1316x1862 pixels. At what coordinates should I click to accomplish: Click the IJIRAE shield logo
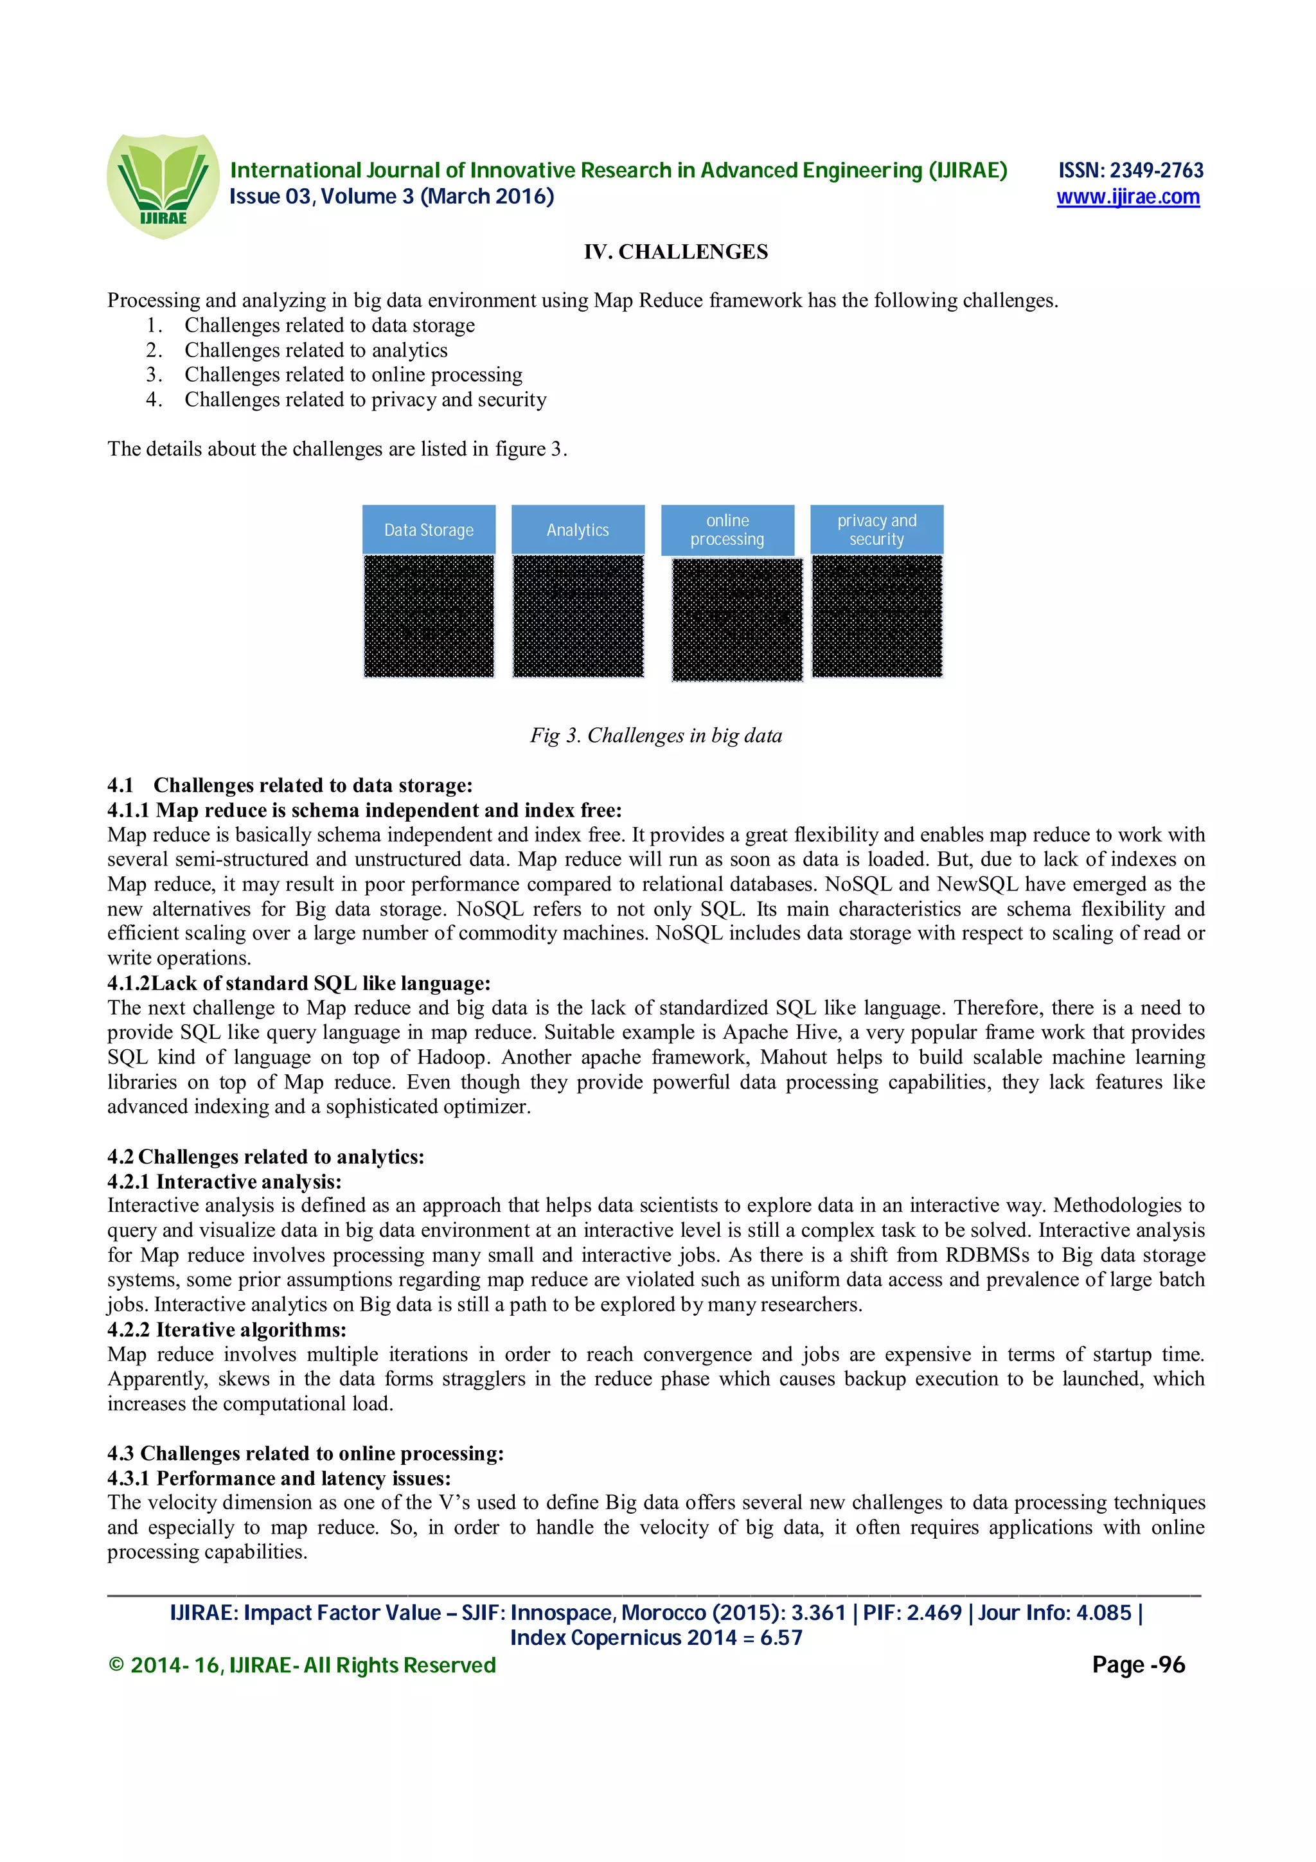pos(163,186)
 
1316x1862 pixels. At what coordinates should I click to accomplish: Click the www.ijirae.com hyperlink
pos(1127,197)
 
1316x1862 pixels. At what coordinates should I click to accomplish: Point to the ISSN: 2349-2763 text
pos(1130,170)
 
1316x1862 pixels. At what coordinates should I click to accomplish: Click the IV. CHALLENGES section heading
pos(675,253)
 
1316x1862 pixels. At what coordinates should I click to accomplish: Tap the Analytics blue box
pos(577,529)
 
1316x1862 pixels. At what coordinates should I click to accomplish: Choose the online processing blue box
pos(727,529)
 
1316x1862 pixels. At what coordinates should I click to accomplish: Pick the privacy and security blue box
pos(876,529)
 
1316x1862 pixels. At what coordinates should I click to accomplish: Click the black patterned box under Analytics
pos(577,616)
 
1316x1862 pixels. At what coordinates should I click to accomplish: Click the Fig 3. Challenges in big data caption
pos(656,736)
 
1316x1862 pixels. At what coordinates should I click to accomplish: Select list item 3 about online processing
pos(353,375)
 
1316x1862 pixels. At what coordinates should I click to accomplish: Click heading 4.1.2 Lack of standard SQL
pos(299,983)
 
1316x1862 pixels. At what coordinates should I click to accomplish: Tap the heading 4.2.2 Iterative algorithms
pos(227,1330)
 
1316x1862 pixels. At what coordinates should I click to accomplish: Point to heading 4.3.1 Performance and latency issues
pos(279,1478)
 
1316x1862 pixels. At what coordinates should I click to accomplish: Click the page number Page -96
pos(1137,1665)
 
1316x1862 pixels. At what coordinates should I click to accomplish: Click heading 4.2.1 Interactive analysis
pos(225,1182)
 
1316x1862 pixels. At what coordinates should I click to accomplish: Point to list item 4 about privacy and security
pos(365,400)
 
